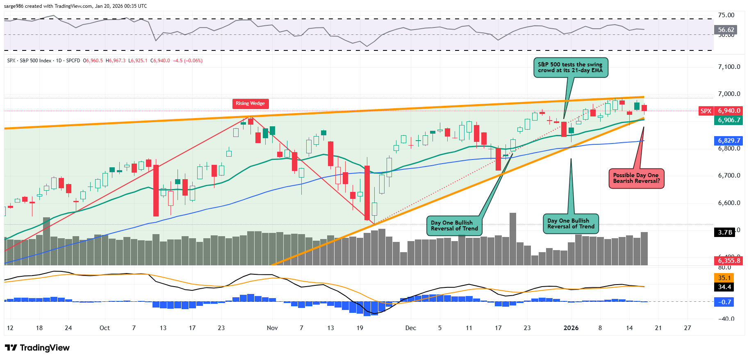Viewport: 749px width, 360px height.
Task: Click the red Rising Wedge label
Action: click(250, 103)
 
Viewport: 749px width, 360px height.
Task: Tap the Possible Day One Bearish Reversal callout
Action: click(636, 178)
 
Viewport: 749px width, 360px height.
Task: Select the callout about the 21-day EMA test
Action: click(570, 68)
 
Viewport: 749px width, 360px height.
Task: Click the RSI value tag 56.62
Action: click(726, 30)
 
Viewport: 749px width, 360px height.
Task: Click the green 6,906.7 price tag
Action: click(729, 120)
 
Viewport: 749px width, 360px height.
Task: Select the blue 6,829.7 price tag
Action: click(729, 141)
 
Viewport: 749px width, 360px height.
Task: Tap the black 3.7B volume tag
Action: click(725, 232)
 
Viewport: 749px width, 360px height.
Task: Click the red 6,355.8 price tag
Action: click(729, 260)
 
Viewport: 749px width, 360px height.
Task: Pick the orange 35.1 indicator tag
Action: click(724, 278)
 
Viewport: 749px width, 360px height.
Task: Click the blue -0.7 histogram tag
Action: click(724, 302)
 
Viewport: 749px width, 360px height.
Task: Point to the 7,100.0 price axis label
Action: click(729, 67)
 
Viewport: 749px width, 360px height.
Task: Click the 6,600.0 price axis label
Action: click(729, 203)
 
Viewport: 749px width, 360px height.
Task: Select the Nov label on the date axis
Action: click(272, 328)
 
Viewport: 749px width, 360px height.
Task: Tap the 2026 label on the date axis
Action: click(571, 328)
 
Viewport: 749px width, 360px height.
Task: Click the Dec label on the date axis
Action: click(410, 328)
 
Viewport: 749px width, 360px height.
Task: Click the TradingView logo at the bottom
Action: click(37, 348)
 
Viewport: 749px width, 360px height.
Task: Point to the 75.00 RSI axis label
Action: click(726, 15)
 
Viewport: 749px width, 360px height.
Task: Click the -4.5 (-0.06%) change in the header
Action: click(187, 61)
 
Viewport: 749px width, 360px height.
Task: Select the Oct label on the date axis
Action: click(105, 328)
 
